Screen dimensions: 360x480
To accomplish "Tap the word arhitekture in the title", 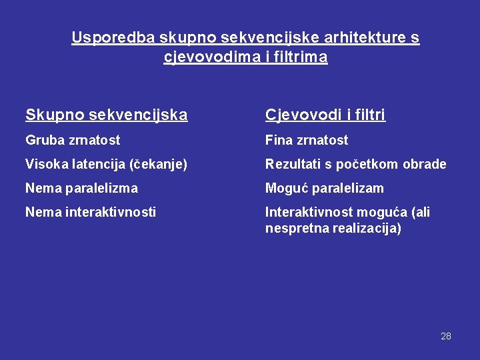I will coord(340,38).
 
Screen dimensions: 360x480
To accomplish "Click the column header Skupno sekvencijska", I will coord(107,115).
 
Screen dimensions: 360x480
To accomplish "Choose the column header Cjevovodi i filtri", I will coord(325,115).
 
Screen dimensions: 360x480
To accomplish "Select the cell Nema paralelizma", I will coord(81,188).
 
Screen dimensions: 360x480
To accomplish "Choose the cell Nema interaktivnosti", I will coord(91,212).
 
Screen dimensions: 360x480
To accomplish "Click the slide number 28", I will coord(446,336).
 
